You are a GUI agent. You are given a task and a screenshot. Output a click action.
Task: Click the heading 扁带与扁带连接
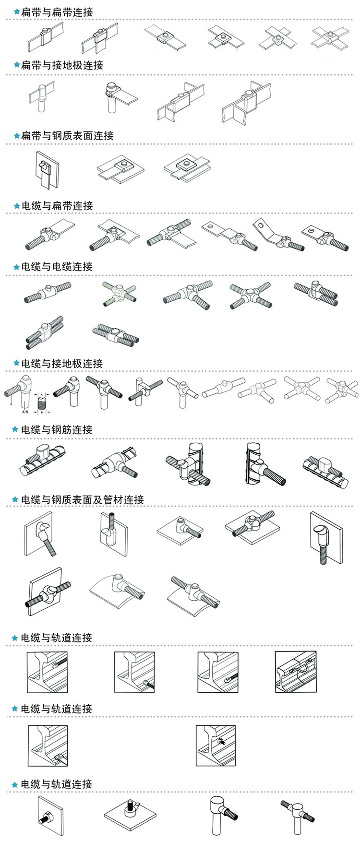pos(57,12)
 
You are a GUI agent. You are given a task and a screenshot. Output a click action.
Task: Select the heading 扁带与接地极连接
pos(62,65)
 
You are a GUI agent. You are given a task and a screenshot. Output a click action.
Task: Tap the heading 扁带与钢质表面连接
pos(67,136)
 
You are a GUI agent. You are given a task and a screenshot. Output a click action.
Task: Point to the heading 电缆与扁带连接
pos(57,206)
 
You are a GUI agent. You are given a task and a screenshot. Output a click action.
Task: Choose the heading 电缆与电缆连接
pos(57,267)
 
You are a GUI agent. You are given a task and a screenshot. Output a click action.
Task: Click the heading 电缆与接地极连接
pos(62,364)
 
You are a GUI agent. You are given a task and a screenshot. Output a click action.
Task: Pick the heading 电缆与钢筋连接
pos(57,430)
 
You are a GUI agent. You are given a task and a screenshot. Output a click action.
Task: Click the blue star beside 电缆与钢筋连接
pos(15,430)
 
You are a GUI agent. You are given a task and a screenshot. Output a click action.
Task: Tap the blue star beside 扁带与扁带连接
pos(16,12)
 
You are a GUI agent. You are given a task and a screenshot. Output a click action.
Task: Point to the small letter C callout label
pos(11,405)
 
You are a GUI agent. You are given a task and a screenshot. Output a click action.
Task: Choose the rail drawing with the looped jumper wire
pos(296,672)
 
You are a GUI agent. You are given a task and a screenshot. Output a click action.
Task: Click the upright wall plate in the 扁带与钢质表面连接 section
pos(47,170)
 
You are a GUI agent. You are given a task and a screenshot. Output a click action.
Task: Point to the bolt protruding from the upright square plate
pos(48,816)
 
